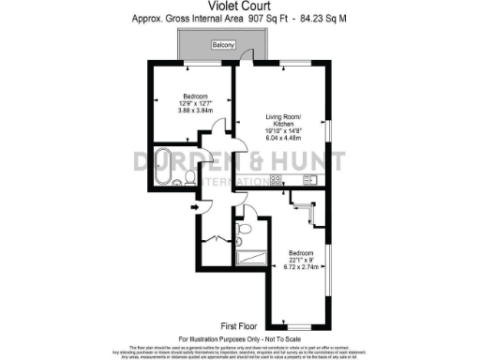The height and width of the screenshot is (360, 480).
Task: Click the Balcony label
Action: [222, 45]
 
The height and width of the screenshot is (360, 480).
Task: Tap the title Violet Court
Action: [239, 7]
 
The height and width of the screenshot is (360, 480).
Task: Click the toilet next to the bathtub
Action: [190, 176]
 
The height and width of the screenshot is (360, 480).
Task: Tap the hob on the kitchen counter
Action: [277, 180]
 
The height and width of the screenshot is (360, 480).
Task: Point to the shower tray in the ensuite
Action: [252, 258]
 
